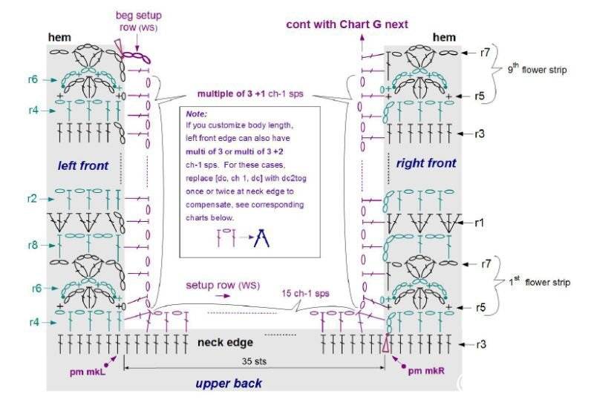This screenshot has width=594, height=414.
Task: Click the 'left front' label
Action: click(x=83, y=165)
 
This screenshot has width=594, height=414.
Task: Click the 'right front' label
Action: click(x=426, y=163)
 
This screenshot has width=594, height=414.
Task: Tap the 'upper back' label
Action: click(x=229, y=384)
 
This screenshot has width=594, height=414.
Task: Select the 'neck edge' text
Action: click(x=226, y=343)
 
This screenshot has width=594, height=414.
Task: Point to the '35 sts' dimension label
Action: click(x=254, y=361)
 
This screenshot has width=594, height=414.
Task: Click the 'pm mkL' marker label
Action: click(x=87, y=372)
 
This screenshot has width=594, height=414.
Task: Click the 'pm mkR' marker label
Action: click(x=426, y=371)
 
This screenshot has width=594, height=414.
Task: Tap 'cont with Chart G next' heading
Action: click(x=347, y=24)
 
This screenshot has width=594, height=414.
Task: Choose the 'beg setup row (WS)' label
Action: click(x=139, y=22)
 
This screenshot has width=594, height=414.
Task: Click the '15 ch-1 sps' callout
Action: click(x=305, y=293)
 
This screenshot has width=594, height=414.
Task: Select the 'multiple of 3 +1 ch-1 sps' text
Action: click(x=250, y=93)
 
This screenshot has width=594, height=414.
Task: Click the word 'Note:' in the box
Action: click(x=196, y=114)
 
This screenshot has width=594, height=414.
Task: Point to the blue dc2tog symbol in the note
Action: click(x=261, y=238)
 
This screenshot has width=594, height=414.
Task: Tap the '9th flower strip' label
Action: click(x=537, y=68)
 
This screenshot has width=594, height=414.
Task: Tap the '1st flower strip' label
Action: click(x=540, y=281)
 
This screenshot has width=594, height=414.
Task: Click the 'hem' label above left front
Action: click(x=59, y=37)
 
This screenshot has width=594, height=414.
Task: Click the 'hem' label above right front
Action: click(x=444, y=37)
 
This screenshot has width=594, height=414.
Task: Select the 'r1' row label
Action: click(x=480, y=223)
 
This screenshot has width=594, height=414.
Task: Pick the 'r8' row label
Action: click(x=33, y=246)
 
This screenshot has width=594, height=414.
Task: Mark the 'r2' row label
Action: click(x=32, y=199)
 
